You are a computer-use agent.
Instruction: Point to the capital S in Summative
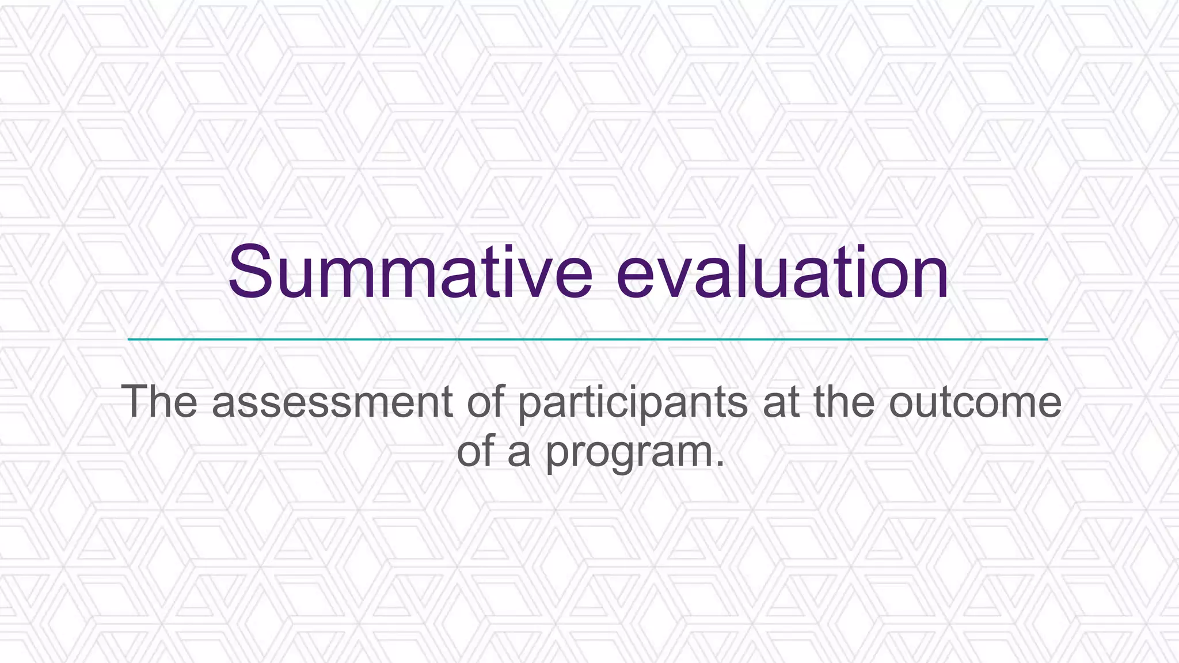252,272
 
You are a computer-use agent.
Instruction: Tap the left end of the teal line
130,340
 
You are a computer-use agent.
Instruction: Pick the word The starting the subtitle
159,402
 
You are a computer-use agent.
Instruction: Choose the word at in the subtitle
781,402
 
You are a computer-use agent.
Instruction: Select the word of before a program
476,452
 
